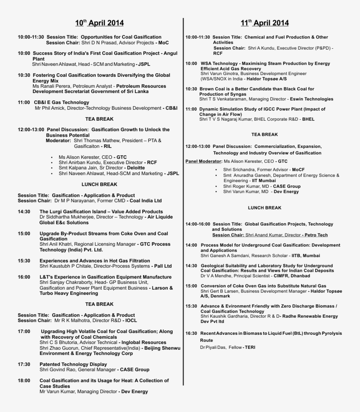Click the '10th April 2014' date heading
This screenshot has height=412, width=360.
[99, 23]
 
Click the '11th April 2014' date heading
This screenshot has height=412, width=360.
[264, 23]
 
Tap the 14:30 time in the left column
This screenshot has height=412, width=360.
[24, 211]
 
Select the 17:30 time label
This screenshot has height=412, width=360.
[24, 364]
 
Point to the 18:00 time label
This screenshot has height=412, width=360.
[24, 380]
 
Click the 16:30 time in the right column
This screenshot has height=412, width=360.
[191, 333]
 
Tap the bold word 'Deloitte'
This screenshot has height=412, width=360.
[136, 168]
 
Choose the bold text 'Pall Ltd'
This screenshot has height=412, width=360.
[162, 266]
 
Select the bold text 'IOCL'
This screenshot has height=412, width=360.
[130, 321]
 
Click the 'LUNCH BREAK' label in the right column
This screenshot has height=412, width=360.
[264, 208]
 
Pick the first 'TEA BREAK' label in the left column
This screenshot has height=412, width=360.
[99, 119]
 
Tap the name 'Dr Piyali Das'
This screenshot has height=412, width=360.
[213, 348]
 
